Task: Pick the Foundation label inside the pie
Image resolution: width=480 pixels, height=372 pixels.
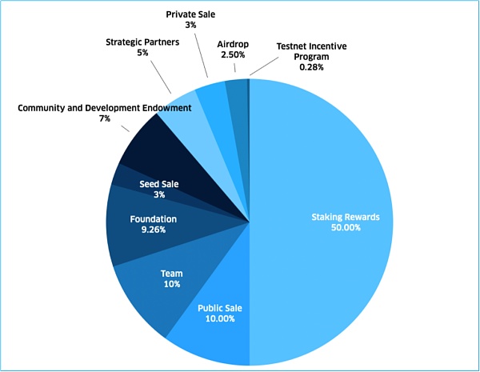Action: click(x=154, y=218)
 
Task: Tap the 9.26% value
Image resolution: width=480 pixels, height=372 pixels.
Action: click(x=154, y=230)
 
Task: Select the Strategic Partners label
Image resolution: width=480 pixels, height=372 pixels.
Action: click(x=142, y=42)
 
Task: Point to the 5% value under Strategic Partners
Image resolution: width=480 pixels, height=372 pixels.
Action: click(x=142, y=53)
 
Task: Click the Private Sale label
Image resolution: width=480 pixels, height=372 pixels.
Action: click(x=190, y=14)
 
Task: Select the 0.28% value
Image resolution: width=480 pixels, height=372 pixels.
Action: click(x=312, y=67)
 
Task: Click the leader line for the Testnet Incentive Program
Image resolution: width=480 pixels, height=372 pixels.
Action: click(x=258, y=70)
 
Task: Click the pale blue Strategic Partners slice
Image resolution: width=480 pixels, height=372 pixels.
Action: click(x=182, y=116)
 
